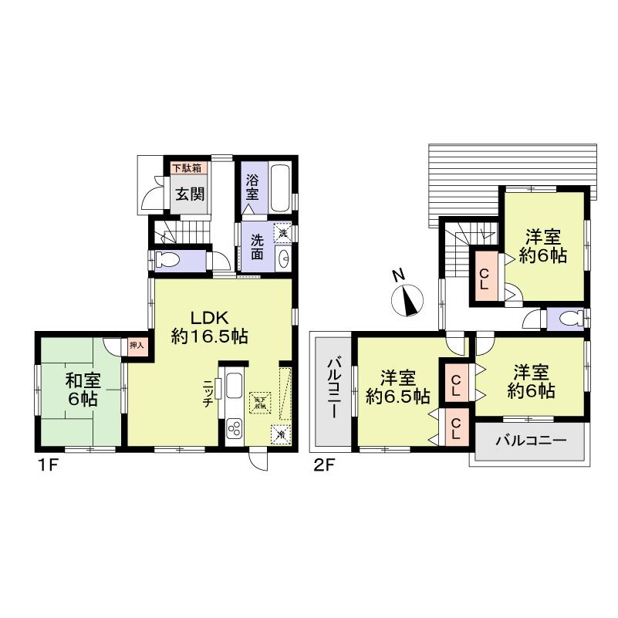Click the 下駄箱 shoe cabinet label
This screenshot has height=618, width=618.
point(187,167)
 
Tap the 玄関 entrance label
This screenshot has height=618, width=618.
point(187,193)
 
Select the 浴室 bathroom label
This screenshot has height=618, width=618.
point(252,188)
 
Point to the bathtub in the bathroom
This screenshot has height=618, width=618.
point(281,187)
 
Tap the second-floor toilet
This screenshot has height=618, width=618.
point(570,318)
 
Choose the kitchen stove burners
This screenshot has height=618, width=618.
point(234,428)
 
